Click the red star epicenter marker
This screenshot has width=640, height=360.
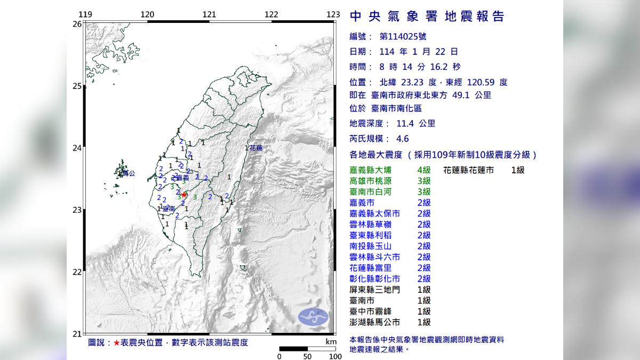184,195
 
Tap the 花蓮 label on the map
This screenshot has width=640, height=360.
257,148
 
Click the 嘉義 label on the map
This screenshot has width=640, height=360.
182,178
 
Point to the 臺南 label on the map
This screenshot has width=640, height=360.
169,210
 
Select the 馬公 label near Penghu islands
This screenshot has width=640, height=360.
125,173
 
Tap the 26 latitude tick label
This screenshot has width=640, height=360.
77,24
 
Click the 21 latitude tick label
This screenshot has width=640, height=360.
77,333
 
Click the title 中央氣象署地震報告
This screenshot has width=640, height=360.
427,17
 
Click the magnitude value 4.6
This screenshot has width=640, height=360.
403,139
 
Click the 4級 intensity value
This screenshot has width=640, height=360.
423,170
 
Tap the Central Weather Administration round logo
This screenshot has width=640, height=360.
313,317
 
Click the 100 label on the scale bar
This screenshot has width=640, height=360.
335,356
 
